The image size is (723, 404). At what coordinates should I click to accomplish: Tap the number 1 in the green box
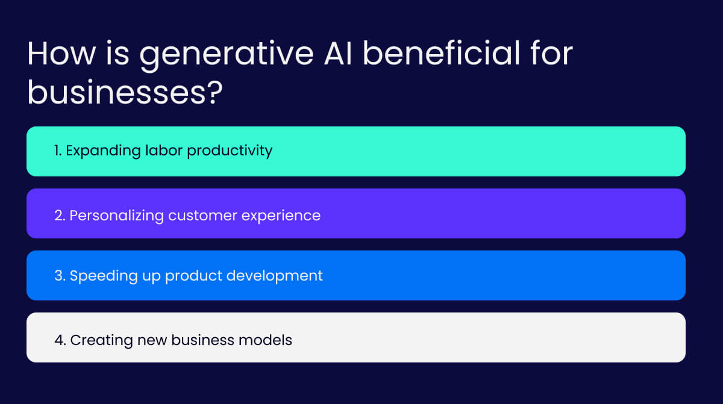[x=57, y=151]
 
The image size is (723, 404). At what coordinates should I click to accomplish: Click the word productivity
[x=230, y=151]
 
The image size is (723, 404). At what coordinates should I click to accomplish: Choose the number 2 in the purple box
[x=59, y=215]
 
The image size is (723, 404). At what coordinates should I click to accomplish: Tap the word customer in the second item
[x=204, y=215]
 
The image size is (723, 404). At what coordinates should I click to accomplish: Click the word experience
[x=282, y=216]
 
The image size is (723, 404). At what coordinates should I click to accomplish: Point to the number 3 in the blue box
[x=59, y=276]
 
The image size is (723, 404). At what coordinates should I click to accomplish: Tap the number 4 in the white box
[x=59, y=340]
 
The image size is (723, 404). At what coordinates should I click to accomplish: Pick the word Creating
[x=96, y=340]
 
